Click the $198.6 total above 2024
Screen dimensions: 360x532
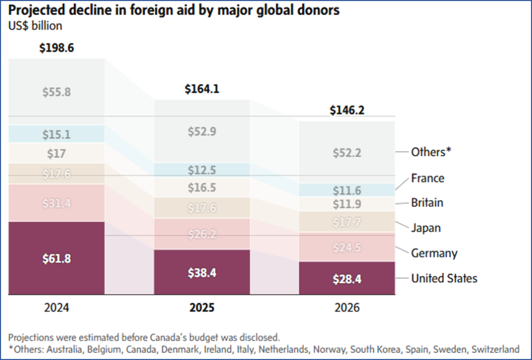pos(57,48)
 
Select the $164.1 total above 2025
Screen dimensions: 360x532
pos(202,89)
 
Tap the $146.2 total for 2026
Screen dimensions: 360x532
pos(347,111)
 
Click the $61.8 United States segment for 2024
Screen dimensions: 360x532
pos(57,258)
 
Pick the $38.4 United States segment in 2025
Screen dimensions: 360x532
pos(202,272)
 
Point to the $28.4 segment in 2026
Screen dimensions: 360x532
pos(347,279)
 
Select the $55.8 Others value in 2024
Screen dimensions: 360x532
pos(57,92)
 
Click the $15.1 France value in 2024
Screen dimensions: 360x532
pos(57,135)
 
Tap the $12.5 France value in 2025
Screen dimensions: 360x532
pos(202,170)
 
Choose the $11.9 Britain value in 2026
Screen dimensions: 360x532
pos(347,204)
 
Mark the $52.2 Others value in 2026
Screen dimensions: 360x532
pos(347,153)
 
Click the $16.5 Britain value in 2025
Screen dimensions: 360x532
pos(202,188)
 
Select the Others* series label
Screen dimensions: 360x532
pos(431,152)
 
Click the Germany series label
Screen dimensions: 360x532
pos(434,254)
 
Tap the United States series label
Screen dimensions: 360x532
pos(444,278)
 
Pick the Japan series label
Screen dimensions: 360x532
pos(426,228)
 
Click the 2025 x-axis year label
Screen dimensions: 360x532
pos(202,308)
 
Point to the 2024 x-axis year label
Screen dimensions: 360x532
pos(57,308)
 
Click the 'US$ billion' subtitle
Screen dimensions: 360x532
pos(35,26)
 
